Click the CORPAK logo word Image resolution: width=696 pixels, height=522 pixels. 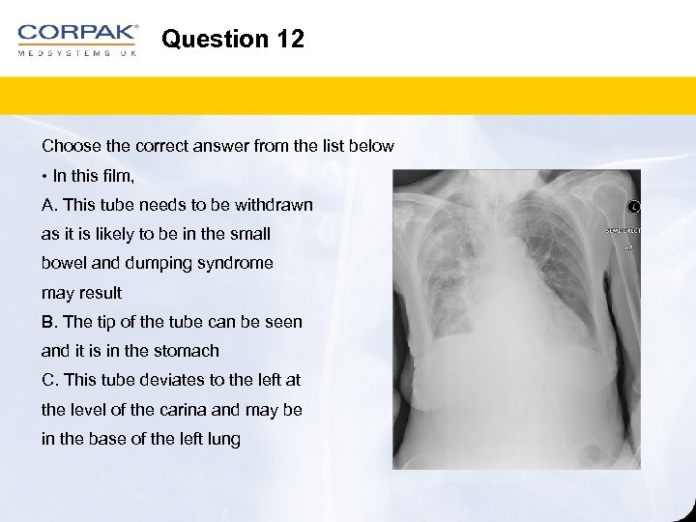77,33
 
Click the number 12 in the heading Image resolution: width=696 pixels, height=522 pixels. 289,40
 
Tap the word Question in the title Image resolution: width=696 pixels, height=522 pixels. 215,40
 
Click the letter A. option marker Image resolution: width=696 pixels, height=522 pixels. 48,205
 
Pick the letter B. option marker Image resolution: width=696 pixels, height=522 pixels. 49,322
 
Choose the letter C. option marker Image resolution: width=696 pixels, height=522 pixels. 49,381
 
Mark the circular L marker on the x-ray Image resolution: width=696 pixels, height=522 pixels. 634,206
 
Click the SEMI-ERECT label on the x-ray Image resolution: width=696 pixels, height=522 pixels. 623,231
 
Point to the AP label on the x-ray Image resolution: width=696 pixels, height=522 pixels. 627,247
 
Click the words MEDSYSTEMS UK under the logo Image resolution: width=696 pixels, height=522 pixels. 77,53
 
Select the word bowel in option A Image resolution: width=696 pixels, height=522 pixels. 63,263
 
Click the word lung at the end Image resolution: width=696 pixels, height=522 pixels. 223,439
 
